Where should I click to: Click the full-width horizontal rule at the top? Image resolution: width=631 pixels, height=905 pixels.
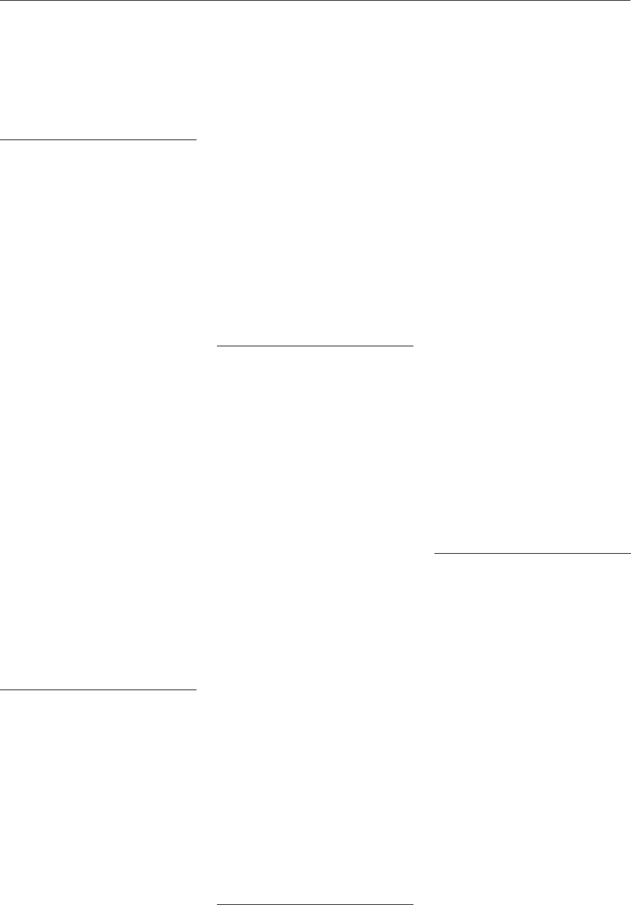[x=315, y=1]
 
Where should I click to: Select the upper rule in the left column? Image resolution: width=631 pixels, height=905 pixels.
[x=98, y=141]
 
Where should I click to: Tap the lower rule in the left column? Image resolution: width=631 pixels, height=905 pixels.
[x=98, y=689]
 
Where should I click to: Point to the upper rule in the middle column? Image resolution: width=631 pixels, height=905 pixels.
[x=315, y=346]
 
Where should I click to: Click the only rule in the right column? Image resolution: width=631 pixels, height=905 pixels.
[x=533, y=554]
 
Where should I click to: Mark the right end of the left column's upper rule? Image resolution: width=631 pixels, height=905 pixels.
[x=195, y=141]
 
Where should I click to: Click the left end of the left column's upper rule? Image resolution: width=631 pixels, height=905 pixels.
[x=1, y=141]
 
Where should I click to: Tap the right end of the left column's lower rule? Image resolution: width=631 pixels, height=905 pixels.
[x=195, y=689]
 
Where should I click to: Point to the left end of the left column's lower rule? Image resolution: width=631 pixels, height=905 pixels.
[x=1, y=689]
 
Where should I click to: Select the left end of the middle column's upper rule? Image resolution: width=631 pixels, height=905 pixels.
[x=219, y=346]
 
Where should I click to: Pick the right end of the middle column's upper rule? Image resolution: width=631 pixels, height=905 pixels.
[x=412, y=346]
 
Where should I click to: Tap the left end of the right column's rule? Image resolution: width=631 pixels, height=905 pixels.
[x=436, y=554]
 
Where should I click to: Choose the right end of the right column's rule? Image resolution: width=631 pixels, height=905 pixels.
[x=629, y=554]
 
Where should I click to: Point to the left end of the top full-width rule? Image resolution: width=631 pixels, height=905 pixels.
[x=1, y=1]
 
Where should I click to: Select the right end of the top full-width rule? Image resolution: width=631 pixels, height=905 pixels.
[x=629, y=1]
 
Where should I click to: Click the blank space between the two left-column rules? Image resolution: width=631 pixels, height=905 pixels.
[x=98, y=414]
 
